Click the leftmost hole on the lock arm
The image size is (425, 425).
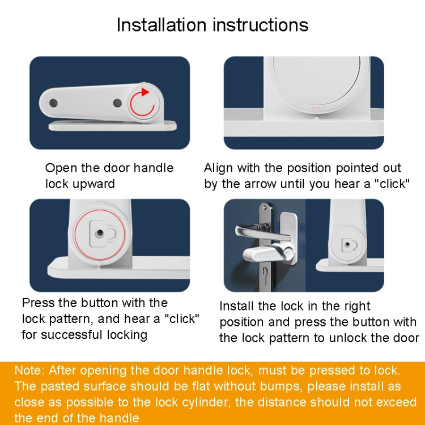pyautogui.click(x=53, y=103)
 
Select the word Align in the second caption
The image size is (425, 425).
pyautogui.click(x=218, y=168)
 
